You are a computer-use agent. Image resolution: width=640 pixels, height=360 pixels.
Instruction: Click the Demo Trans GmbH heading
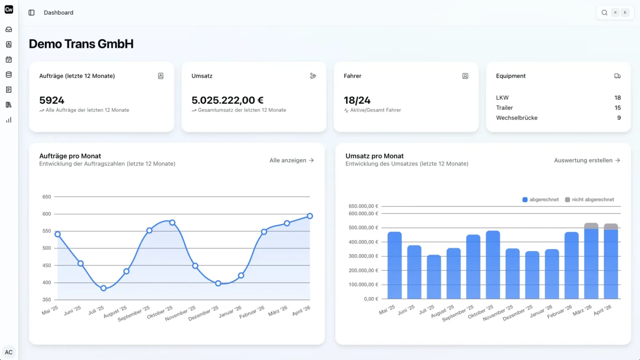click(81, 44)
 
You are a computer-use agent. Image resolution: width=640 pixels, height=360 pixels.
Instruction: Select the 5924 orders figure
click(52, 100)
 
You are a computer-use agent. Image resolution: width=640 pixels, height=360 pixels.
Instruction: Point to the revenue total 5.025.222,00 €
click(227, 100)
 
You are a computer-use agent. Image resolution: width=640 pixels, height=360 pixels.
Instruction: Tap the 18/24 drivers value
click(357, 100)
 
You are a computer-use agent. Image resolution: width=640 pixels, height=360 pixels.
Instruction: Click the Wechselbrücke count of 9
click(619, 118)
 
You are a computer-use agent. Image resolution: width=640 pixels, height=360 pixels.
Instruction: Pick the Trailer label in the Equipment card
click(504, 108)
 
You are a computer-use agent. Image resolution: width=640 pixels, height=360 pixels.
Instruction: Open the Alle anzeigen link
click(291, 160)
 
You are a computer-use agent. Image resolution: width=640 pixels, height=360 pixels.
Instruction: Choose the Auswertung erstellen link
click(587, 160)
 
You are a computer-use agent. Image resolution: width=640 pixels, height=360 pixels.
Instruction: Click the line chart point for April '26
click(310, 216)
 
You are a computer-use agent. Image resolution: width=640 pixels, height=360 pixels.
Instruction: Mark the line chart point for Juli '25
click(103, 288)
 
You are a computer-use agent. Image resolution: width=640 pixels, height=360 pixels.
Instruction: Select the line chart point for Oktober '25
click(172, 222)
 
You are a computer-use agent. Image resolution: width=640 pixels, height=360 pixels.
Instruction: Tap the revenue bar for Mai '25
click(395, 265)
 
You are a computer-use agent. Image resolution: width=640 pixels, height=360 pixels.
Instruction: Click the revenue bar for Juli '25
click(434, 277)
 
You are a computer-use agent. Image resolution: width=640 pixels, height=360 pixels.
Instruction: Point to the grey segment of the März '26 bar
click(591, 226)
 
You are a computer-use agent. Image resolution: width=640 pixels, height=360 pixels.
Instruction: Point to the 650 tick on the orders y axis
click(47, 197)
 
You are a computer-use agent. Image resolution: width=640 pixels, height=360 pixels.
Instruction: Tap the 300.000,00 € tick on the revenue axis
click(363, 256)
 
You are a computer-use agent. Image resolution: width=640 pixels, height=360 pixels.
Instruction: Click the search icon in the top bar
click(604, 12)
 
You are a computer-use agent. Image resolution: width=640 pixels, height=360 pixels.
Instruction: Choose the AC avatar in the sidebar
click(9, 352)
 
